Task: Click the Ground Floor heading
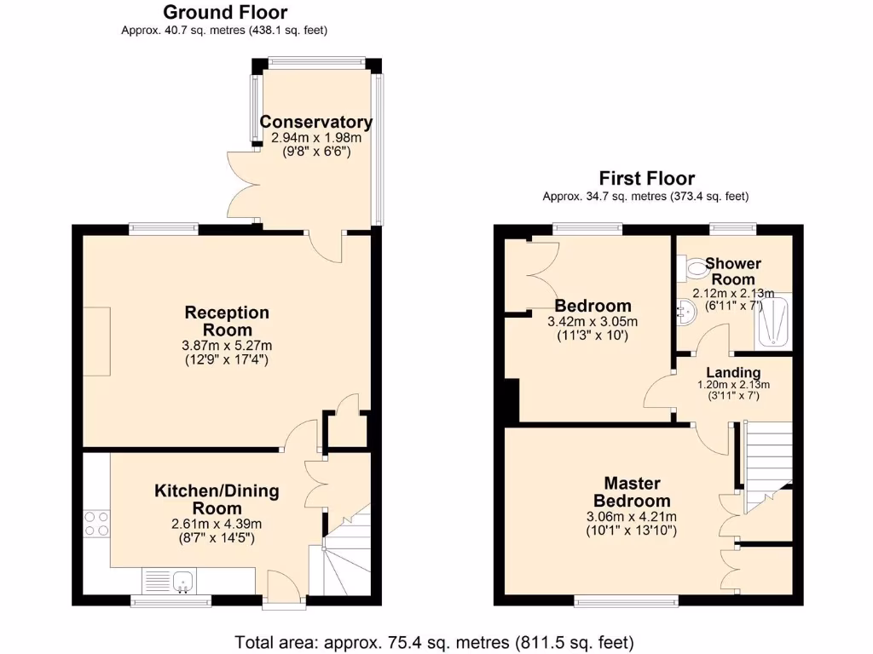pyautogui.click(x=225, y=13)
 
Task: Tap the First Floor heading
pyautogui.click(x=646, y=178)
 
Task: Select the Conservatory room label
pyautogui.click(x=315, y=122)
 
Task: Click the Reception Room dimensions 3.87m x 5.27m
pyautogui.click(x=228, y=345)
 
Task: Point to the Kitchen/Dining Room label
pyautogui.click(x=217, y=499)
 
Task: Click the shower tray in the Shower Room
pyautogui.click(x=774, y=320)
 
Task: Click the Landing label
pyautogui.click(x=733, y=372)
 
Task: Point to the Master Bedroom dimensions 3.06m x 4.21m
pyautogui.click(x=632, y=517)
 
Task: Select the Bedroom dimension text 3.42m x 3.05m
pyautogui.click(x=593, y=322)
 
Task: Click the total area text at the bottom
pyautogui.click(x=435, y=641)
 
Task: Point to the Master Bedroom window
pyautogui.click(x=627, y=601)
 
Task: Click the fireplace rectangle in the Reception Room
pyautogui.click(x=96, y=341)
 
